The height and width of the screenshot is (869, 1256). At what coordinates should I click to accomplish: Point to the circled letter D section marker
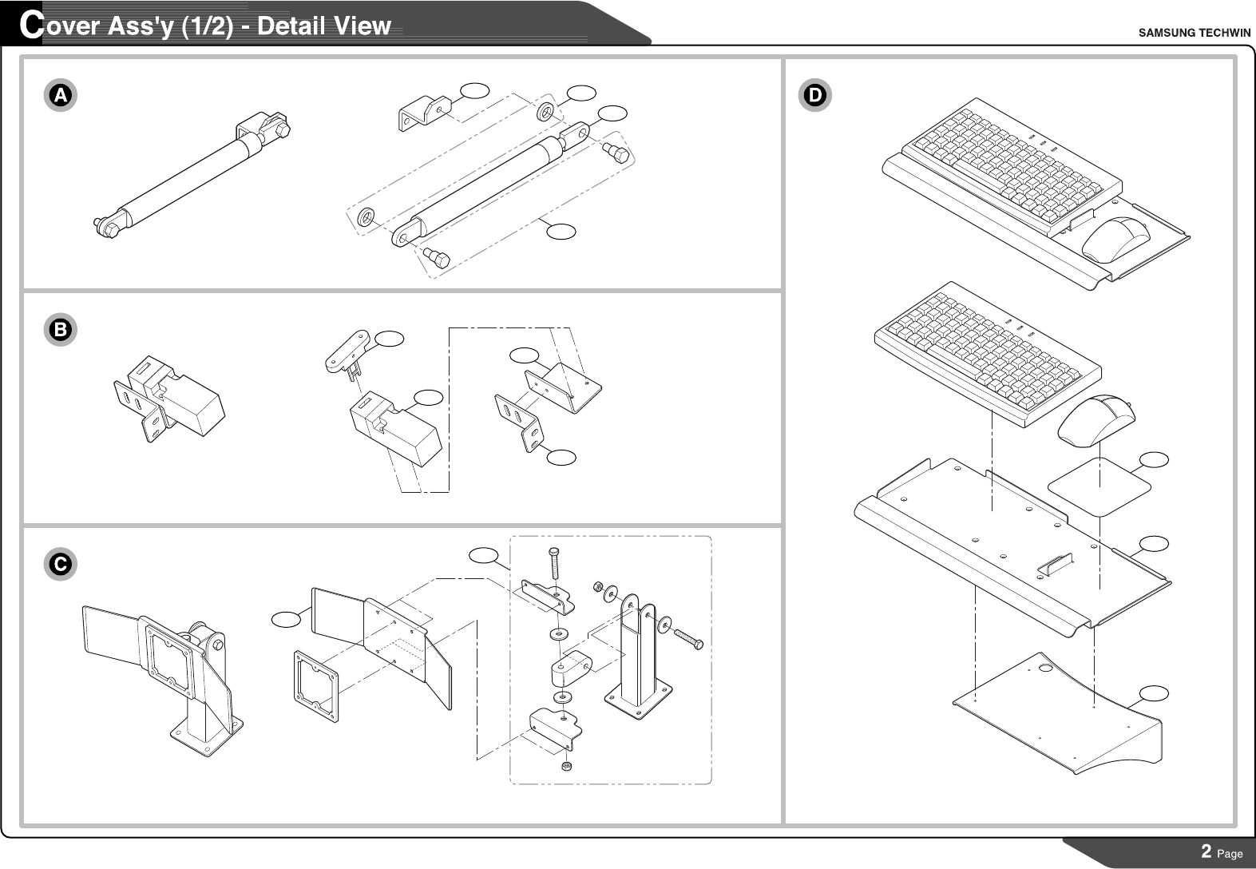(x=815, y=96)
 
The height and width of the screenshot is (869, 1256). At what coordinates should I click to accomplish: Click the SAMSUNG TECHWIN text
(x=1194, y=33)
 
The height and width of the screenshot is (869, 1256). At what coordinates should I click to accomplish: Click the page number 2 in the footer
(x=1206, y=851)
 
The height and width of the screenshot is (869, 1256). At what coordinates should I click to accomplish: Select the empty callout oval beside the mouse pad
(x=1153, y=459)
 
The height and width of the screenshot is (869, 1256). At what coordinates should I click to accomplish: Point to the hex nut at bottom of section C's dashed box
(x=566, y=767)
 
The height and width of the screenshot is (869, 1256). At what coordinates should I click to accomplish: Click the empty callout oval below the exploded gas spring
(x=561, y=231)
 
